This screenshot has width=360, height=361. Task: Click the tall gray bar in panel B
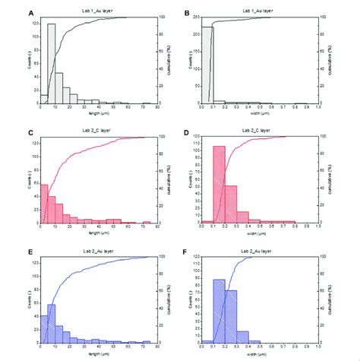click(x=207, y=64)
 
